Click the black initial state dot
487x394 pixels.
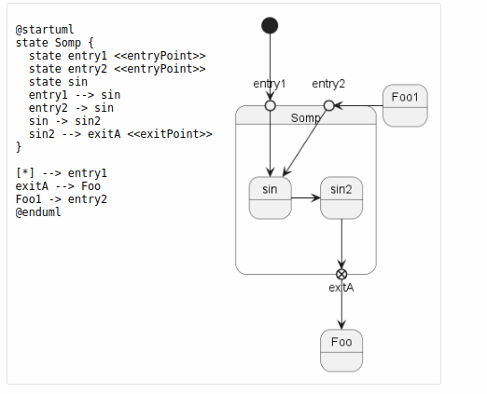tap(270, 25)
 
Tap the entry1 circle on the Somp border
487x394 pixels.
tap(271, 106)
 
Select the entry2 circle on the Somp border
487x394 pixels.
tap(329, 106)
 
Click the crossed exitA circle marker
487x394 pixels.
tap(341, 274)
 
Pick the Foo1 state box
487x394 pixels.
tap(405, 105)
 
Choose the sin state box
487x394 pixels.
tap(271, 198)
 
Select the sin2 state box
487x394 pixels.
tap(341, 198)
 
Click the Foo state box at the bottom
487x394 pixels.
tap(341, 350)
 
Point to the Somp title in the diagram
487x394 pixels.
tap(305, 118)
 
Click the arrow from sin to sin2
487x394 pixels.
tap(306, 197)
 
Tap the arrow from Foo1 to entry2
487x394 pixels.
tap(358, 106)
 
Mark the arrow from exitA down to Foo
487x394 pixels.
tap(341, 305)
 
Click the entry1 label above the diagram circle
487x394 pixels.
tap(270, 84)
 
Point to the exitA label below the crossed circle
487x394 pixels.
tap(341, 288)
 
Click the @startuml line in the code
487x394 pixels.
tap(45, 30)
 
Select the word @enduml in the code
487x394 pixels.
tap(38, 212)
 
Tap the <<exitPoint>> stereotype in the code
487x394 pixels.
tap(170, 134)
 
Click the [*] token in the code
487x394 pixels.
tap(25, 173)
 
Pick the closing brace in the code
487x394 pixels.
tap(19, 147)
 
